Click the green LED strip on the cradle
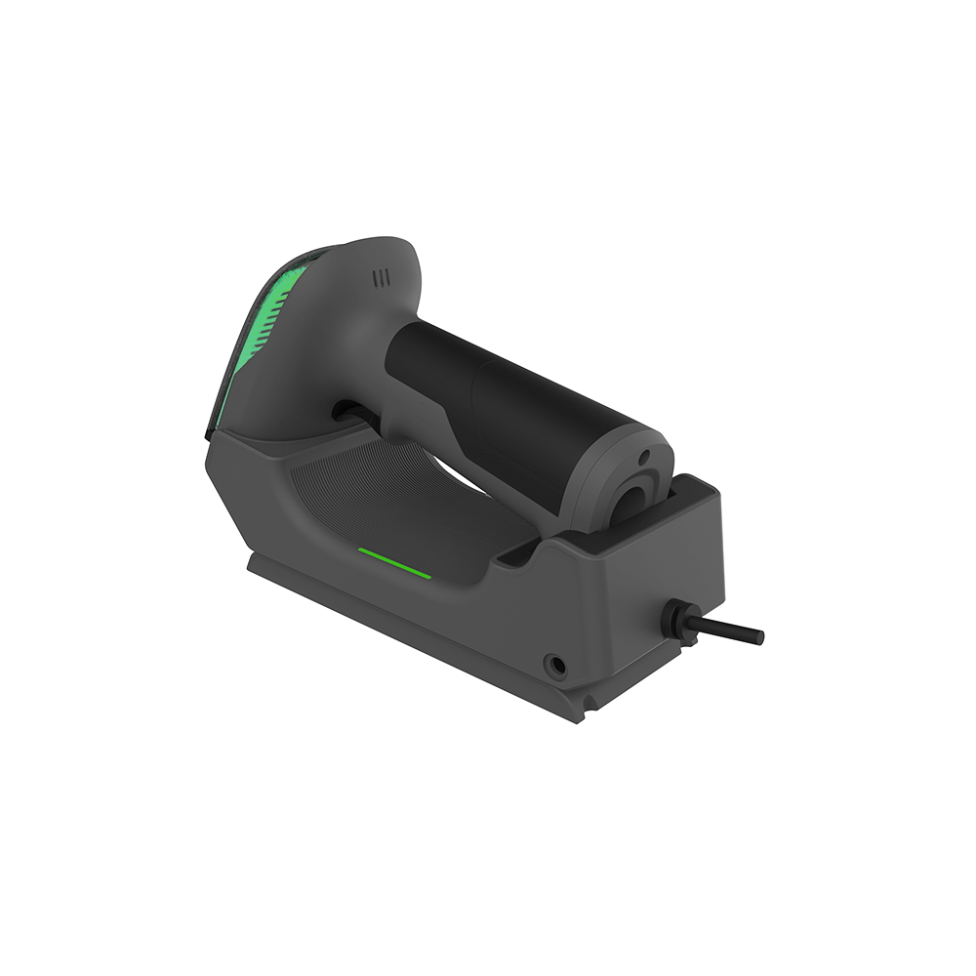tap(394, 563)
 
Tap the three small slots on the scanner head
tap(382, 278)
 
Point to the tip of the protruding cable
tap(758, 636)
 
